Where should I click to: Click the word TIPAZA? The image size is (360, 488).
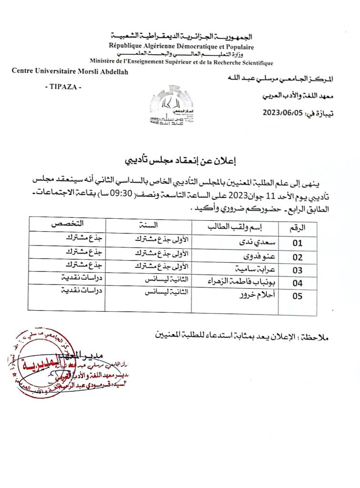pos(62,87)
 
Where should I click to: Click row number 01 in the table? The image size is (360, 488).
pos(298,242)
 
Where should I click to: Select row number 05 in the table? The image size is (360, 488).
pos(298,296)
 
